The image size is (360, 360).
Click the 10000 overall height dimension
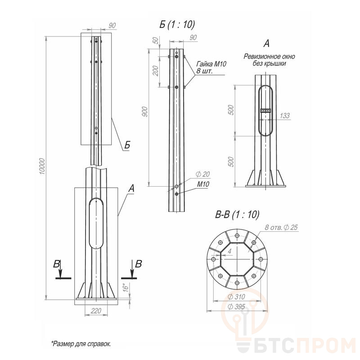click(42, 166)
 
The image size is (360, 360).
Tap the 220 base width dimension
click(96, 311)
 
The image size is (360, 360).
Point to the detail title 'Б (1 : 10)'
click(177, 25)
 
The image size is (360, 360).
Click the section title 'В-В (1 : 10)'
click(237, 215)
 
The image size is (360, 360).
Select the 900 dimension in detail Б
click(145, 112)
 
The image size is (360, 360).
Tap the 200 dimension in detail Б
click(156, 71)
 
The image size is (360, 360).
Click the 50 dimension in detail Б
click(156, 40)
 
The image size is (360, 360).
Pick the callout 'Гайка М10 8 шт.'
click(211, 67)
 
